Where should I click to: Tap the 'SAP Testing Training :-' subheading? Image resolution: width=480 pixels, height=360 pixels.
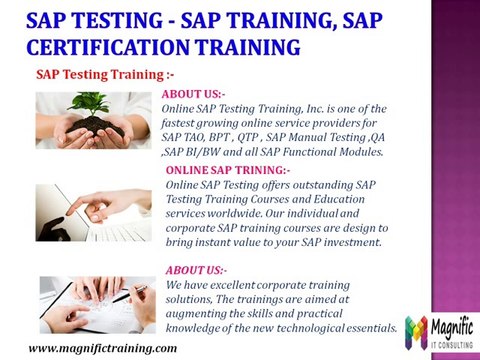point(91,73)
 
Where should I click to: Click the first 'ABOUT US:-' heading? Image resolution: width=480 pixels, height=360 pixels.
point(193,94)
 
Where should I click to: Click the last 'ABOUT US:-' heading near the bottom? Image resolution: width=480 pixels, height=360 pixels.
point(196,271)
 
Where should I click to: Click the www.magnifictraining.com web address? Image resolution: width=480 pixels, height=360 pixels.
point(95,347)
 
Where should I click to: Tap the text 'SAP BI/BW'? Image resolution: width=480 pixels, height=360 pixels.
point(190,151)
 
